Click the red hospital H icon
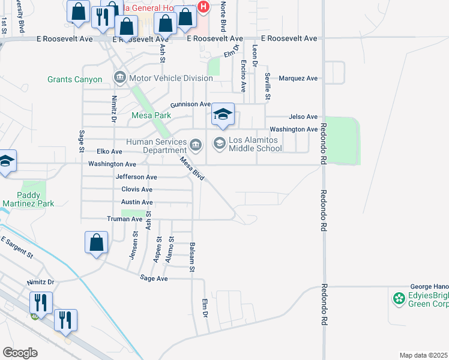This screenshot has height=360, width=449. (203, 7)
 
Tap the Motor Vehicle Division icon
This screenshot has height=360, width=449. (119, 78)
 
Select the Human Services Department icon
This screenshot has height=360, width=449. (196, 145)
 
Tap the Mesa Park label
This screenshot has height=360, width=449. (151, 115)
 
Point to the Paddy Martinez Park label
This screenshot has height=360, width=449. (28, 199)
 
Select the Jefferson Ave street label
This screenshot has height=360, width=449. (136, 177)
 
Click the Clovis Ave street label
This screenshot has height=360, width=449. (136, 190)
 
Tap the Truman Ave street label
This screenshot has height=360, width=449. (124, 219)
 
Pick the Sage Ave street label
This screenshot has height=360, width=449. (154, 278)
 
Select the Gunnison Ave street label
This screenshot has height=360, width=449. (191, 104)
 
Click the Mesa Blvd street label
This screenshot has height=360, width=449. (193, 169)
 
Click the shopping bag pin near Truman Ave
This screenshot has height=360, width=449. (96, 243)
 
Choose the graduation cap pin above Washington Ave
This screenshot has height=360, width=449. (223, 115)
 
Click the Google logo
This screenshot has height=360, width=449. (20, 353)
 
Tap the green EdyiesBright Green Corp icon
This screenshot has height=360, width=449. (398, 298)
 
